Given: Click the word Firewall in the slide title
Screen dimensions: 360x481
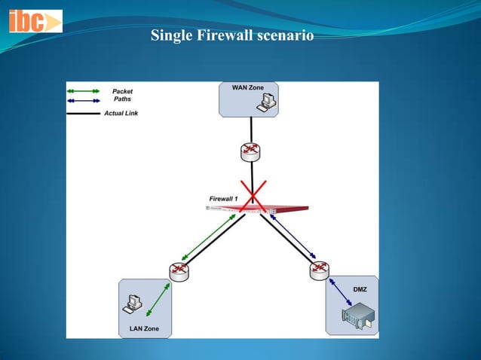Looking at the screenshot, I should click(216, 35).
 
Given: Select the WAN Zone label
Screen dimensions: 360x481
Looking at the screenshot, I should click(247, 88).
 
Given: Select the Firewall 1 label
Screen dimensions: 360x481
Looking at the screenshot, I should click(223, 198).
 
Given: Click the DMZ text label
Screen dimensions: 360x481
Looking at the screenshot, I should click(360, 289).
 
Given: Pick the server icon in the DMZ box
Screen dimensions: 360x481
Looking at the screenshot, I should click(360, 319).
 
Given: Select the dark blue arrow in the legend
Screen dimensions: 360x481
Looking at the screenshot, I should click(83, 99).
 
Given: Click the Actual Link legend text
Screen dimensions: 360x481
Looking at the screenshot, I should click(121, 114).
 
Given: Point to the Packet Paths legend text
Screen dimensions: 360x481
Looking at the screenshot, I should click(122, 95).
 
